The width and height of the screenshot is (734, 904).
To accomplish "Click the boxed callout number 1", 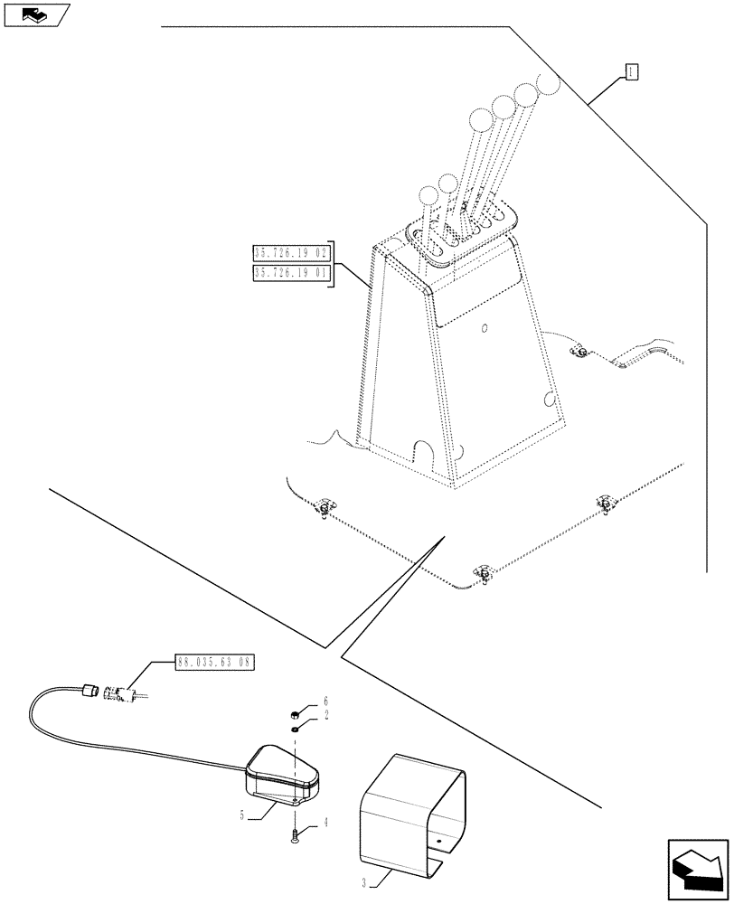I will coord(631,72).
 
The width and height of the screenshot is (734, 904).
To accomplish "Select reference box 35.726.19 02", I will coord(293,252).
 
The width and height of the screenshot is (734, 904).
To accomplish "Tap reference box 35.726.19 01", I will coord(293,273).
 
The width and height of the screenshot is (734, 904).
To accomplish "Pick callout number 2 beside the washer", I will coord(325,716).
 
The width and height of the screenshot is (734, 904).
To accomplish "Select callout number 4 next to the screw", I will coord(325,824).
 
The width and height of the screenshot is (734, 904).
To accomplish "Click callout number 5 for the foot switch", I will coord(242,815).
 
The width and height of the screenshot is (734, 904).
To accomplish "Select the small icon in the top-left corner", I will coord(35,14).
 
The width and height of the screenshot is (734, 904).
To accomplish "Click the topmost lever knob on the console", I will coord(549,84).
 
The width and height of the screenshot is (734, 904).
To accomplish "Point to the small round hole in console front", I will coord(485,327).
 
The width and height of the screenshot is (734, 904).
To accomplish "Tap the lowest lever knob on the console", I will coord(427,194).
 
